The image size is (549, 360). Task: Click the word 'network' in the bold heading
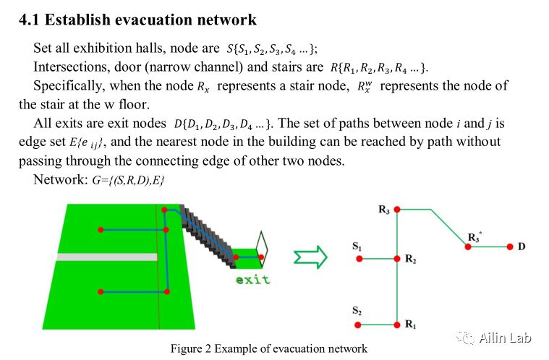(x=224, y=20)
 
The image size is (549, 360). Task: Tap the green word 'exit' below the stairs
(x=252, y=280)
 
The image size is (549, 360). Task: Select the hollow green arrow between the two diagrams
(x=311, y=255)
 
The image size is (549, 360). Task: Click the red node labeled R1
(x=396, y=325)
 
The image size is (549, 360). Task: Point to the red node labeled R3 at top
(x=396, y=210)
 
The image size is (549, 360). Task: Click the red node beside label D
(x=510, y=247)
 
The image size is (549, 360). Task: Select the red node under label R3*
(x=469, y=247)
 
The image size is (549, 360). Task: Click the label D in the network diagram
(x=522, y=247)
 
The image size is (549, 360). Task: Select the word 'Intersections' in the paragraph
(x=67, y=67)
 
